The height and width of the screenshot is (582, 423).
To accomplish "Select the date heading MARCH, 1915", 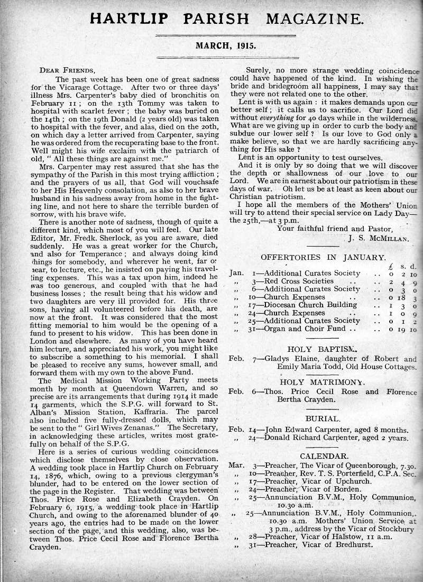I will coord(226,46).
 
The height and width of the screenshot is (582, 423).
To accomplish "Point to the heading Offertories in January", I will coord(323,257).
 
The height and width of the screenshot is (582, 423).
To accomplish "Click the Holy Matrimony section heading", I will coord(322,381).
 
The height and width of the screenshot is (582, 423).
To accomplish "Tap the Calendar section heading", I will coord(324,456).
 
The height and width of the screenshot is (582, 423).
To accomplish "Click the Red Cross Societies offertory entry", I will coord(299,281).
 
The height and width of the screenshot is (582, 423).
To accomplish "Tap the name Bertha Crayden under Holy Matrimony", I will coord(307,400).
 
